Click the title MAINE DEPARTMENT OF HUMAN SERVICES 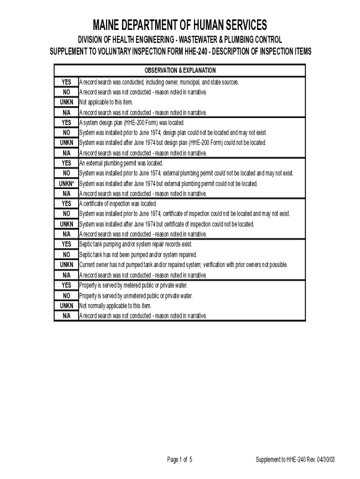coord(180,25)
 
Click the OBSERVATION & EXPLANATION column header coord(180,71)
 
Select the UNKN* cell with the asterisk coord(66,183)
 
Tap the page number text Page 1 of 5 coord(180,460)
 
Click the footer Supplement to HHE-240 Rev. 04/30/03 coord(295,460)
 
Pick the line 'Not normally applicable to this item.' coord(115,305)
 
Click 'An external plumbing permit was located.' coord(121,163)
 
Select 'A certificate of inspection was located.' coord(118,204)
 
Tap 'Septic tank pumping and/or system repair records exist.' coord(136,244)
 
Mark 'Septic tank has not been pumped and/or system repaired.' coord(138,255)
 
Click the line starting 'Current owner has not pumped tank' coord(183,265)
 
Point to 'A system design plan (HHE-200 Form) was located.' coord(132,123)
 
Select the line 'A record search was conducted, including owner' coord(159,82)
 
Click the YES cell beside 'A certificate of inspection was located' coord(66,204)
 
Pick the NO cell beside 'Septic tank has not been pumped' coord(66,255)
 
